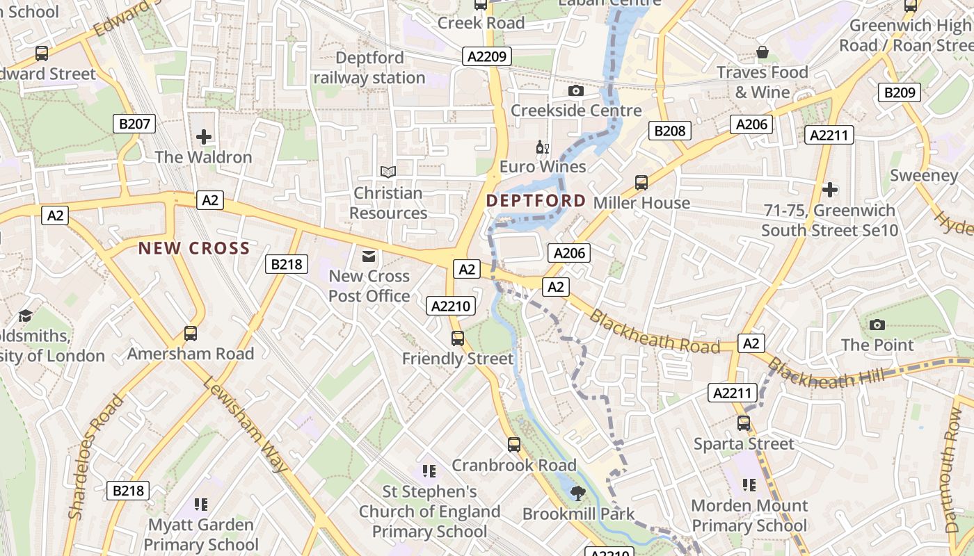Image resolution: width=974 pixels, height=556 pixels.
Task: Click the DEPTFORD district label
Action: [536, 201]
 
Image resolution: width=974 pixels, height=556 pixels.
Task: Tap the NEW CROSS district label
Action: [193, 248]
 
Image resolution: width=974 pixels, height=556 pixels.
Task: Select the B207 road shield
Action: [134, 124]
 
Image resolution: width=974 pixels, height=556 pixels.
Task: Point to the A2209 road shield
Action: [488, 57]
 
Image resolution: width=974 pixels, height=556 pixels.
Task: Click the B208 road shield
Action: [670, 131]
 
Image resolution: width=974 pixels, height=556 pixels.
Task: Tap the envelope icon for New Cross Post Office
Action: [369, 257]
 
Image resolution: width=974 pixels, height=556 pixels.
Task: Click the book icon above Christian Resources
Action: [388, 172]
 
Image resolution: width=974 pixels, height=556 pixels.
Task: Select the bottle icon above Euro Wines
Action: [542, 147]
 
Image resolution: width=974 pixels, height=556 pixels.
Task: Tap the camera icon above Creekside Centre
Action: [575, 90]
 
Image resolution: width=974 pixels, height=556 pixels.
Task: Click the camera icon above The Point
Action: [877, 325]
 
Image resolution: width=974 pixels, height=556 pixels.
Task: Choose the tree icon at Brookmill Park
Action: [577, 493]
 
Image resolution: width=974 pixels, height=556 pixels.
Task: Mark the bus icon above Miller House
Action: [641, 183]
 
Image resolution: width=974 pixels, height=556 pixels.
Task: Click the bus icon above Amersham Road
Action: [190, 334]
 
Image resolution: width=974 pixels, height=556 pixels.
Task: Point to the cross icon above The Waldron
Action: [203, 137]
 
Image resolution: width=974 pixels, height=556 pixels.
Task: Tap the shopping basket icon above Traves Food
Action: [763, 53]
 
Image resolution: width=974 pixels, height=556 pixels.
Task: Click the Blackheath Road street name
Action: [653, 332]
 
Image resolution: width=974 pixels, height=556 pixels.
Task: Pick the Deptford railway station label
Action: [369, 67]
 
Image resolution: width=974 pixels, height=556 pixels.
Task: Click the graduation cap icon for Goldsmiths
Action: [26, 316]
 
